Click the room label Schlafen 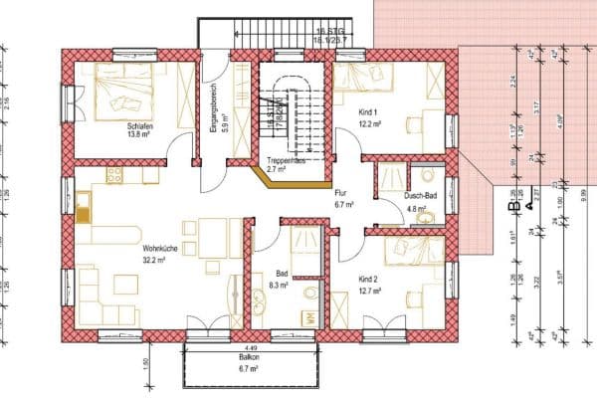[140, 126]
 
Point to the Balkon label [249, 356]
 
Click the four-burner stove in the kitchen [113, 175]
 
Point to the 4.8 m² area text [417, 209]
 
